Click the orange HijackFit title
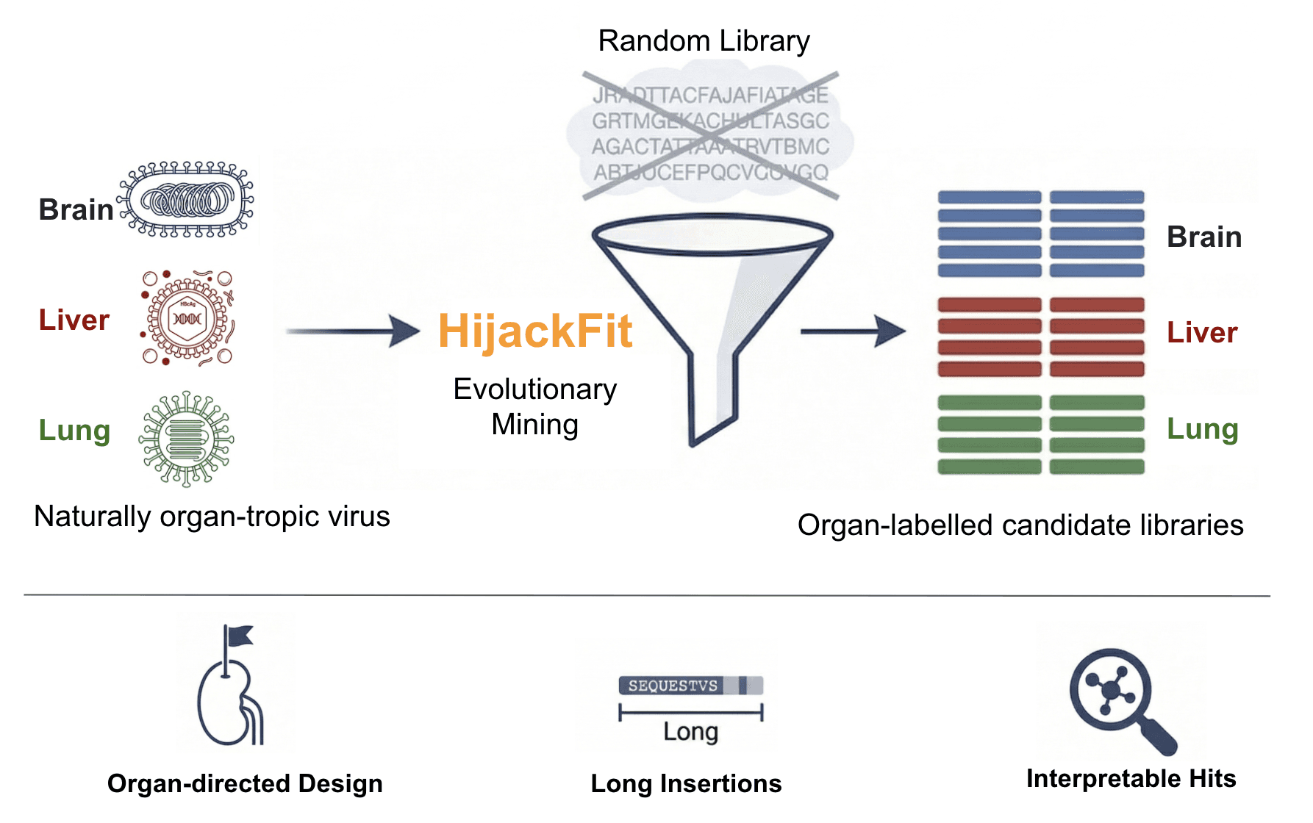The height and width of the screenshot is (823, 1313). [x=534, y=331]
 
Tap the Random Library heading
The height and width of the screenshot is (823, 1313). [x=704, y=41]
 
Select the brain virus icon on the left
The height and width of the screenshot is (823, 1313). [x=187, y=200]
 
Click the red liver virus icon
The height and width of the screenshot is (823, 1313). [x=188, y=318]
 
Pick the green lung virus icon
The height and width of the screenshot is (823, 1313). [x=186, y=439]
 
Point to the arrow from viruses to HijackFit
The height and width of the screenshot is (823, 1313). [x=353, y=331]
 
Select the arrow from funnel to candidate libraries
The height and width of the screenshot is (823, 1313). [x=853, y=331]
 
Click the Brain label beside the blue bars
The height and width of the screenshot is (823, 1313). [x=1204, y=237]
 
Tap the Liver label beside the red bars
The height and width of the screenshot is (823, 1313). [x=1202, y=333]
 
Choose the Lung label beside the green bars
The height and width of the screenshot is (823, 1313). [x=1203, y=429]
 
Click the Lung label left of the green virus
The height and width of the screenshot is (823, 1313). [x=74, y=431]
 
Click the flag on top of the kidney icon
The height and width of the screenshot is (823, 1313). [x=238, y=635]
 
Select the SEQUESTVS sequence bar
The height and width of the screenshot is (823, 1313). [x=690, y=686]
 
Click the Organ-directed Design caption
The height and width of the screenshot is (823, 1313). [x=245, y=783]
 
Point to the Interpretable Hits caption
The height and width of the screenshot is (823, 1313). [x=1131, y=778]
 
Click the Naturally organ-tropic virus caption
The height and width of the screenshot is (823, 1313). [x=212, y=517]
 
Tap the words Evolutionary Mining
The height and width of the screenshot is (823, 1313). [x=535, y=406]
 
